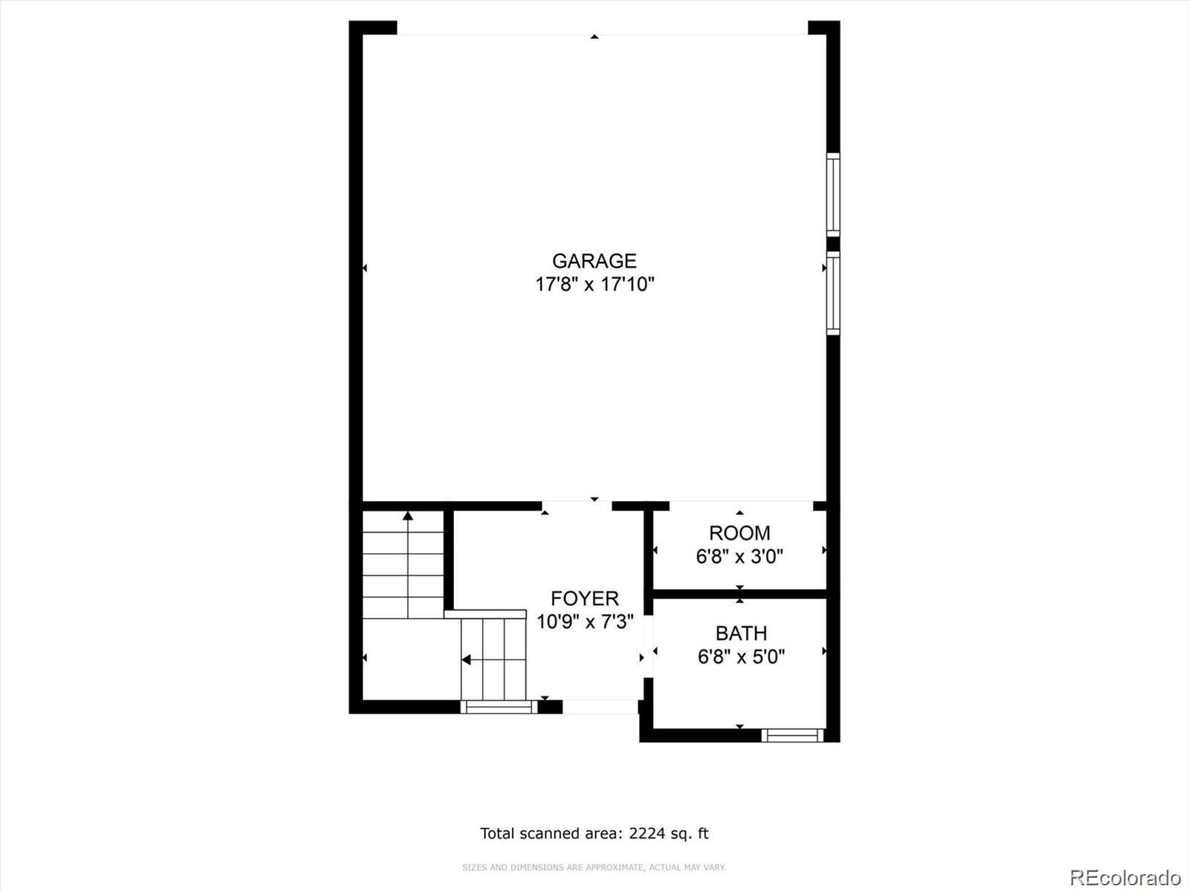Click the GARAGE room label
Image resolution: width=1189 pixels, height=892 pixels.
click(x=594, y=261)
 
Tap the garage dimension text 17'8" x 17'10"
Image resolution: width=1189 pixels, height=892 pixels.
click(x=594, y=285)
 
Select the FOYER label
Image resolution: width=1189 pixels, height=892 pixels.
click(x=585, y=598)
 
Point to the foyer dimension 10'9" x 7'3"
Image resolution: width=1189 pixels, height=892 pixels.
click(x=585, y=621)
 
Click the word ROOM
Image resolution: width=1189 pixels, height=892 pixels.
click(x=739, y=534)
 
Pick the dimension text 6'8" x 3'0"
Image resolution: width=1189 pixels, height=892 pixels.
click(x=739, y=557)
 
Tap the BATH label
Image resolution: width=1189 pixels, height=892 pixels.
click(x=741, y=633)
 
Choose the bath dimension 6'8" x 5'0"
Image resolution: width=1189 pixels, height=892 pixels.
click(x=741, y=657)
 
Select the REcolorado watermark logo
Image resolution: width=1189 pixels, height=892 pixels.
click(x=1126, y=876)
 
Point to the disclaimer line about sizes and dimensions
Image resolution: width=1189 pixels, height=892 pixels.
click(x=594, y=867)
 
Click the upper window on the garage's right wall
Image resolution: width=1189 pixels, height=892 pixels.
click(x=833, y=195)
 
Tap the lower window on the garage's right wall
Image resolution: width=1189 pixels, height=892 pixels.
click(x=833, y=293)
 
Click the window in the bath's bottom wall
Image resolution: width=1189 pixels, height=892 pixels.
click(x=792, y=735)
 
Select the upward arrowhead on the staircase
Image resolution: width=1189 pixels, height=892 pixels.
click(x=408, y=516)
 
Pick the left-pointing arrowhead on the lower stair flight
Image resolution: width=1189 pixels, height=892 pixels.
click(x=466, y=659)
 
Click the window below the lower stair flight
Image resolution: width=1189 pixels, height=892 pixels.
click(x=499, y=707)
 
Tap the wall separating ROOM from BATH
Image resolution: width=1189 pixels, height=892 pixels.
click(x=739, y=594)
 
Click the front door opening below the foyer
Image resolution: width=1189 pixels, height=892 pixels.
click(x=600, y=707)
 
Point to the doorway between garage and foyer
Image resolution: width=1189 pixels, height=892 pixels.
click(x=577, y=506)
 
